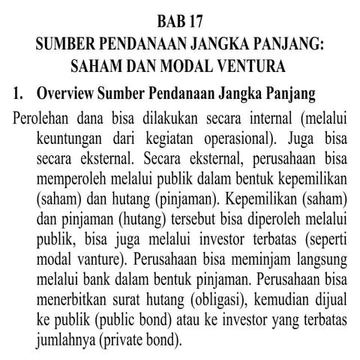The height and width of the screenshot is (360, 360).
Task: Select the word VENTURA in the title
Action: [x=249, y=66]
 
